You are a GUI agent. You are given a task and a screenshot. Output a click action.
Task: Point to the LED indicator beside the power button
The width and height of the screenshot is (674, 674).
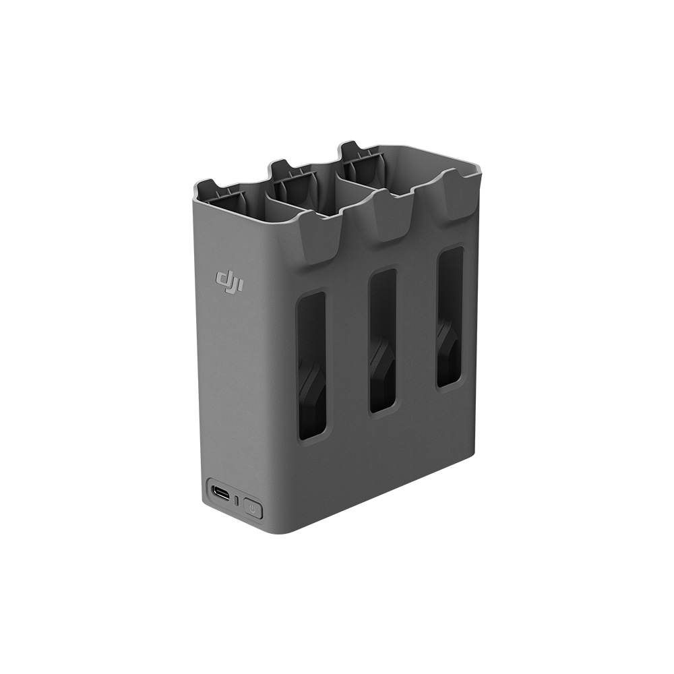click(237, 500)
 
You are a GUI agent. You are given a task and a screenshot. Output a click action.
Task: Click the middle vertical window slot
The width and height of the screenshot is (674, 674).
click(382, 341)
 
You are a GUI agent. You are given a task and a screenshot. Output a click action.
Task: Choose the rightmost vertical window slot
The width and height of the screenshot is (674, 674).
click(450, 317)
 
